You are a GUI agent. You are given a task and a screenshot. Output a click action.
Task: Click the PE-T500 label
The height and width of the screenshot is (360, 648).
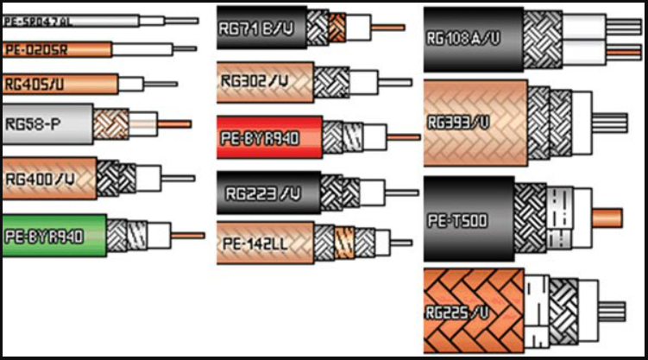(457, 221)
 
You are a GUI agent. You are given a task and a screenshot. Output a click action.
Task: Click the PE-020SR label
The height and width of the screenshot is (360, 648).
(35, 50)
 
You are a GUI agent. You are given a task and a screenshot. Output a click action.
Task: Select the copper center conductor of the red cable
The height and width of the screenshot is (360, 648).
(403, 136)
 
